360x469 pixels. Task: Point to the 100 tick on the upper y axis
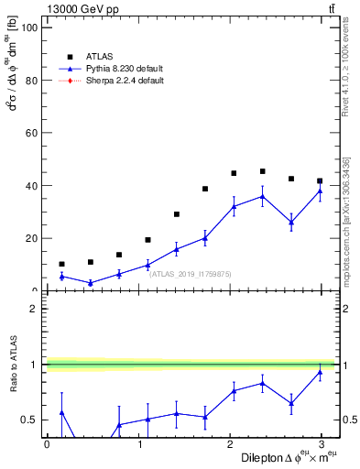point(31,27)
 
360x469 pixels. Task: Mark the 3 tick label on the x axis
point(327,444)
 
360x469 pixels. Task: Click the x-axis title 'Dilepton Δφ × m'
point(283,457)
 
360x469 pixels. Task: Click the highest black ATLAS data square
point(262,171)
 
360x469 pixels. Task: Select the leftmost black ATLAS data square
point(61,264)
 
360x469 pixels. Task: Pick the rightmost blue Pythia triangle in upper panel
point(320,191)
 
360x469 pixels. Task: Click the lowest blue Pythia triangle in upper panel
point(90,283)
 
